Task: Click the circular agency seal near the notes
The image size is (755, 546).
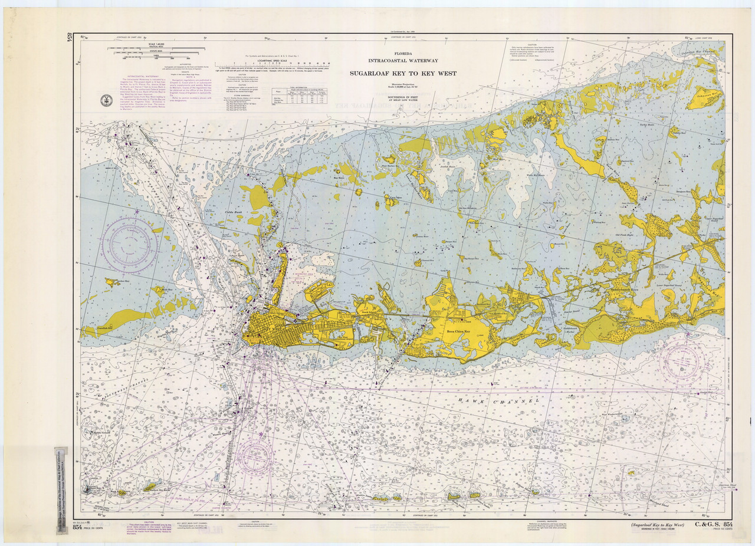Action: tap(106, 100)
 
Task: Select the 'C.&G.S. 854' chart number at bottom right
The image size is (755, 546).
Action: tap(714, 525)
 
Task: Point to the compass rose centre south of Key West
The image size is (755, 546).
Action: tap(255, 455)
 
